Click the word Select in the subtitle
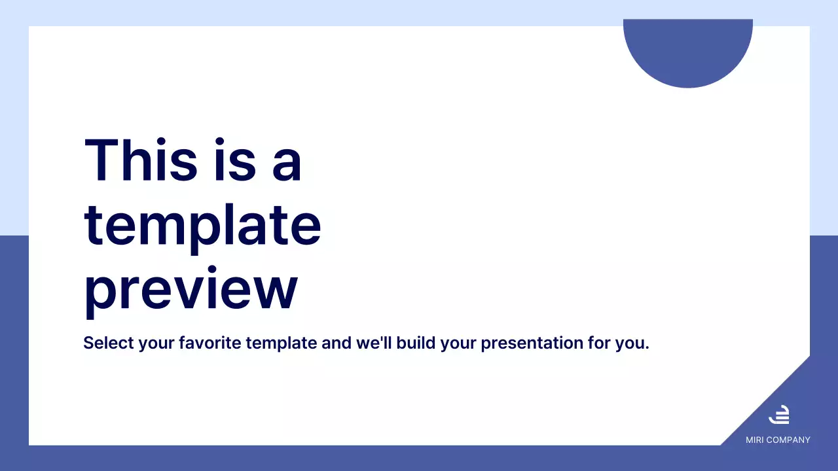point(109,343)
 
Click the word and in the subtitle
point(337,343)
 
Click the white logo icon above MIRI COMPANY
point(779,415)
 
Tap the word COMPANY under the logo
point(789,440)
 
